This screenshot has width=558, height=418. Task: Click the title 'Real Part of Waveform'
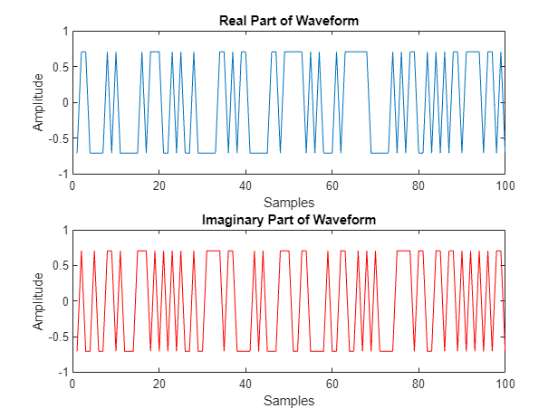288,21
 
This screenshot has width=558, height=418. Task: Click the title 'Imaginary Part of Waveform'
288,220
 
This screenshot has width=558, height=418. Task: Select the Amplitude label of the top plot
38,102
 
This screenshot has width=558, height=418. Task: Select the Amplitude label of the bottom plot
38,301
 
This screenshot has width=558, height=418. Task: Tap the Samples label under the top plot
288,201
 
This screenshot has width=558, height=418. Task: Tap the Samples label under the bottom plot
288,400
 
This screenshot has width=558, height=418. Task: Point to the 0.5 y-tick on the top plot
58,67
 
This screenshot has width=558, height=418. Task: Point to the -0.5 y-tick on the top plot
56,138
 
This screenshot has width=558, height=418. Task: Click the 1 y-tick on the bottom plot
63,231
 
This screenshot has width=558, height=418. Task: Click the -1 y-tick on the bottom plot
61,372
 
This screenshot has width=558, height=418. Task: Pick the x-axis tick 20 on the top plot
159,185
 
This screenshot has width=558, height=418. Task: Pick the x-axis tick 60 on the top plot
332,185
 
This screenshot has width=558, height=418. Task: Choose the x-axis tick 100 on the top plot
505,185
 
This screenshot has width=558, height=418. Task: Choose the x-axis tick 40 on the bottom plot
245,385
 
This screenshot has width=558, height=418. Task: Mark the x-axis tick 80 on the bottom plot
418,385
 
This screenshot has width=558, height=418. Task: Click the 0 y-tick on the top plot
63,102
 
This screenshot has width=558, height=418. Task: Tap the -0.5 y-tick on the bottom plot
56,337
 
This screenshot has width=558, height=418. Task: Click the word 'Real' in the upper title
237,21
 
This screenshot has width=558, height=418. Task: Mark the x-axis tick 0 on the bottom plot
72,385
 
